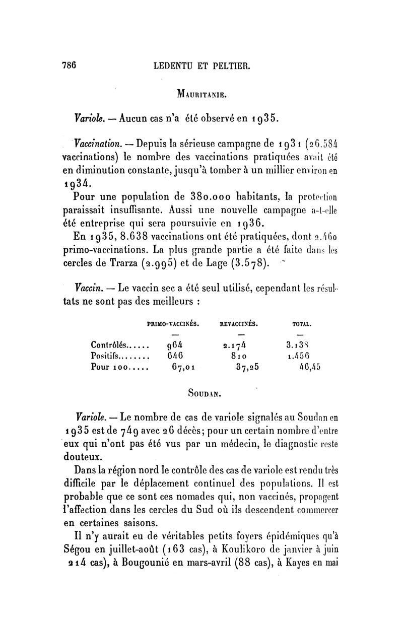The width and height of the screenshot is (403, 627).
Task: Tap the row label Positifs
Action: click(108, 356)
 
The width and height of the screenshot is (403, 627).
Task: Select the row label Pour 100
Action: click(109, 367)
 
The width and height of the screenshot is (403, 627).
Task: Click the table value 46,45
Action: click(309, 367)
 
